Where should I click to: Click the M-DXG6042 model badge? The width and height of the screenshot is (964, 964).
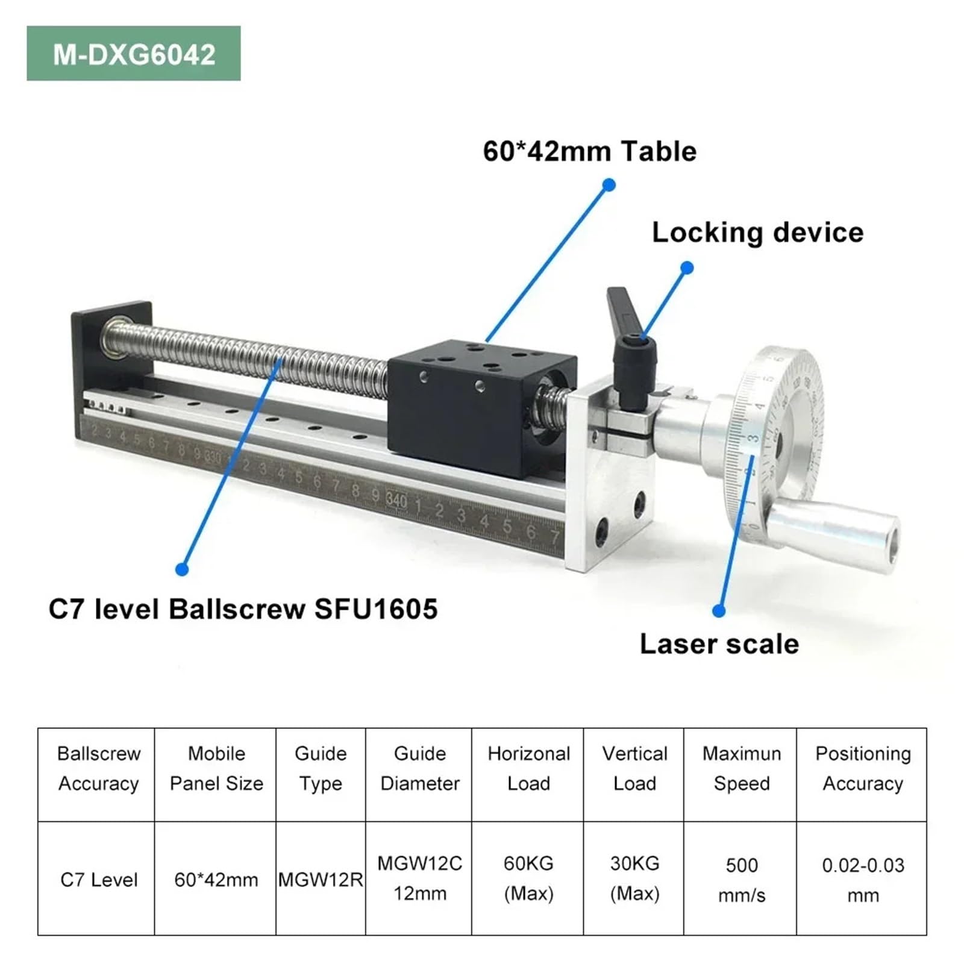[134, 54]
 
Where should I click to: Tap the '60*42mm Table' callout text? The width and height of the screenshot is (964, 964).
[589, 151]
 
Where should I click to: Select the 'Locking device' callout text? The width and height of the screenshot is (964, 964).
[757, 233]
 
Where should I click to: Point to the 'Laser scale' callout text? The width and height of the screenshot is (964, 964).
[719, 644]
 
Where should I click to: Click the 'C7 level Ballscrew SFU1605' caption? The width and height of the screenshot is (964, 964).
[243, 609]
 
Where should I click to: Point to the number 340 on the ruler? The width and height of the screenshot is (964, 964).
[396, 499]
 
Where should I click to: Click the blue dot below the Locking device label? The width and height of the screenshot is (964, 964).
[686, 267]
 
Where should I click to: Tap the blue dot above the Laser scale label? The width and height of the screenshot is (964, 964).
[718, 610]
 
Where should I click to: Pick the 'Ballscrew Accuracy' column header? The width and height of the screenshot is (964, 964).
[98, 768]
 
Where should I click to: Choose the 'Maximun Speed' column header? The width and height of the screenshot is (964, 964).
[741, 768]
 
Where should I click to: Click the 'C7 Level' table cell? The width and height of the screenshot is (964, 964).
[99, 880]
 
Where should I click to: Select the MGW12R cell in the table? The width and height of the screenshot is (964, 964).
[321, 880]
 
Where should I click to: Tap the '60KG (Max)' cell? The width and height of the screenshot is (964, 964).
[528, 878]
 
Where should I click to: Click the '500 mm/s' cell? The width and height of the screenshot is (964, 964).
[741, 880]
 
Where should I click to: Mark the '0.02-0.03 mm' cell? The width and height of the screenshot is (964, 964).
[863, 880]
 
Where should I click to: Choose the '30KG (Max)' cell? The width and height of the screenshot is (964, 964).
[634, 878]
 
